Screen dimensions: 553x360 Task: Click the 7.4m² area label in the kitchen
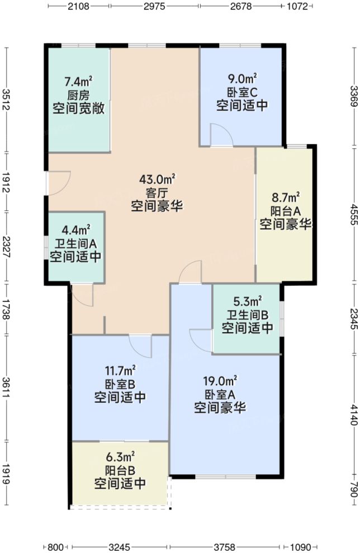pyautogui.click(x=78, y=82)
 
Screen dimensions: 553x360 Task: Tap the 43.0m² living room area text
pyautogui.click(x=158, y=179)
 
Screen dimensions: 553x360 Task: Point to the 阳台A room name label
pyautogui.click(x=285, y=211)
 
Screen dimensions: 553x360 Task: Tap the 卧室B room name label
pyautogui.click(x=120, y=384)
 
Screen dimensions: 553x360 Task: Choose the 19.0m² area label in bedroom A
pyautogui.click(x=220, y=381)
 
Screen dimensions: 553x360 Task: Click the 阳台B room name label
pyautogui.click(x=120, y=469)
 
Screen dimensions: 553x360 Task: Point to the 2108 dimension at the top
pyautogui.click(x=78, y=7)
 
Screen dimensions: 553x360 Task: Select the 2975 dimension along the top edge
pyautogui.click(x=154, y=7)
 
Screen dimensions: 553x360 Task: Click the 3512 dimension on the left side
pyautogui.click(x=6, y=100)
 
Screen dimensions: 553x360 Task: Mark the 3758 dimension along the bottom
pyautogui.click(x=226, y=546)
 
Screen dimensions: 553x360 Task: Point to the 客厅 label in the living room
pyautogui.click(x=158, y=193)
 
